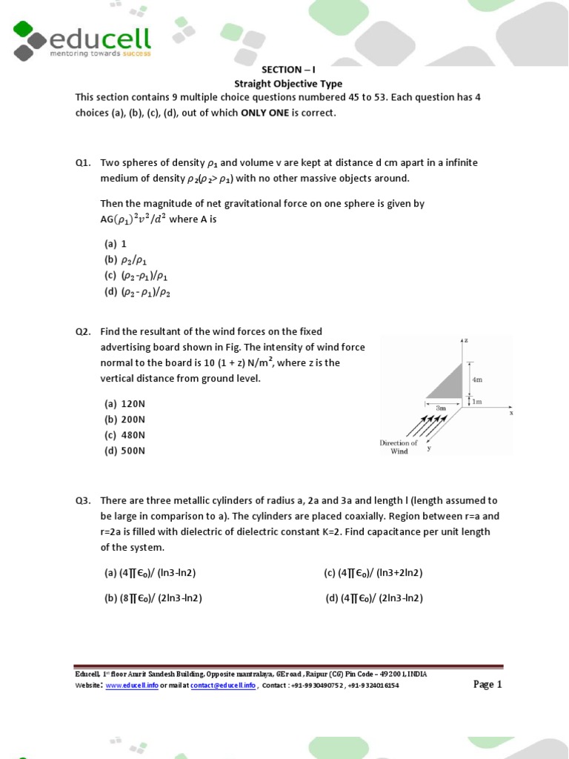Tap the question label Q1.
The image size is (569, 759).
click(82, 163)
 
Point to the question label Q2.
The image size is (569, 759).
click(82, 332)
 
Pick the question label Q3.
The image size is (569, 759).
click(82, 501)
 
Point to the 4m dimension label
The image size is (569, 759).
click(476, 379)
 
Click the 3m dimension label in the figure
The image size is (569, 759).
click(441, 408)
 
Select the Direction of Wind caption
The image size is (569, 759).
click(399, 447)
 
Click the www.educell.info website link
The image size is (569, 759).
click(132, 686)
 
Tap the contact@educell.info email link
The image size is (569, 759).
click(223, 686)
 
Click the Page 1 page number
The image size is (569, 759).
click(488, 684)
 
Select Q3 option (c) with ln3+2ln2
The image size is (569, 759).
click(373, 573)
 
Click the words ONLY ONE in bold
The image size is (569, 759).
click(267, 113)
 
